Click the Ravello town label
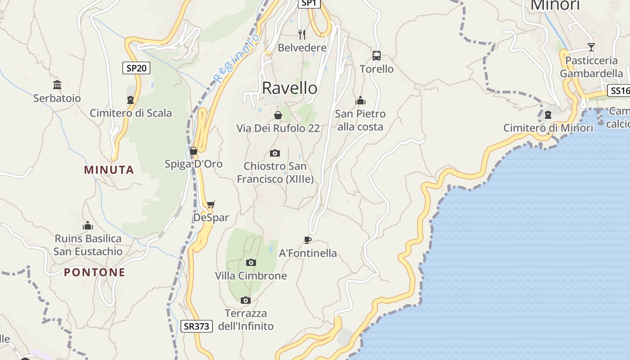pyautogui.click(x=289, y=88)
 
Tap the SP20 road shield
pyautogui.click(x=136, y=68)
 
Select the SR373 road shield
pyautogui.click(x=197, y=326)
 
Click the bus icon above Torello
pyautogui.click(x=377, y=56)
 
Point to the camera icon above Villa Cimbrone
pyautogui.click(x=251, y=262)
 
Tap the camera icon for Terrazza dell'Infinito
pyautogui.click(x=245, y=300)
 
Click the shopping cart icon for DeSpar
pyautogui.click(x=211, y=205)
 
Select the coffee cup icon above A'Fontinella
pyautogui.click(x=308, y=239)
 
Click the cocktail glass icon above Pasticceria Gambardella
pyautogui.click(x=591, y=47)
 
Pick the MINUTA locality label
pyautogui.click(x=109, y=170)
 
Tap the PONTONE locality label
pyautogui.click(x=94, y=272)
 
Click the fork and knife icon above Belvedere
pyautogui.click(x=302, y=34)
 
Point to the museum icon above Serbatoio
pyautogui.click(x=57, y=85)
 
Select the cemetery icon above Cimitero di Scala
pyautogui.click(x=130, y=99)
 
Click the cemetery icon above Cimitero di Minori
pyautogui.click(x=548, y=114)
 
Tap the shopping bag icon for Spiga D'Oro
pyautogui.click(x=193, y=151)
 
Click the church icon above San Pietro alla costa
pyautogui.click(x=360, y=100)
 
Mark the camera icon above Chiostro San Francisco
pyautogui.click(x=275, y=153)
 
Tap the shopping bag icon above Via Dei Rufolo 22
pyautogui.click(x=278, y=115)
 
